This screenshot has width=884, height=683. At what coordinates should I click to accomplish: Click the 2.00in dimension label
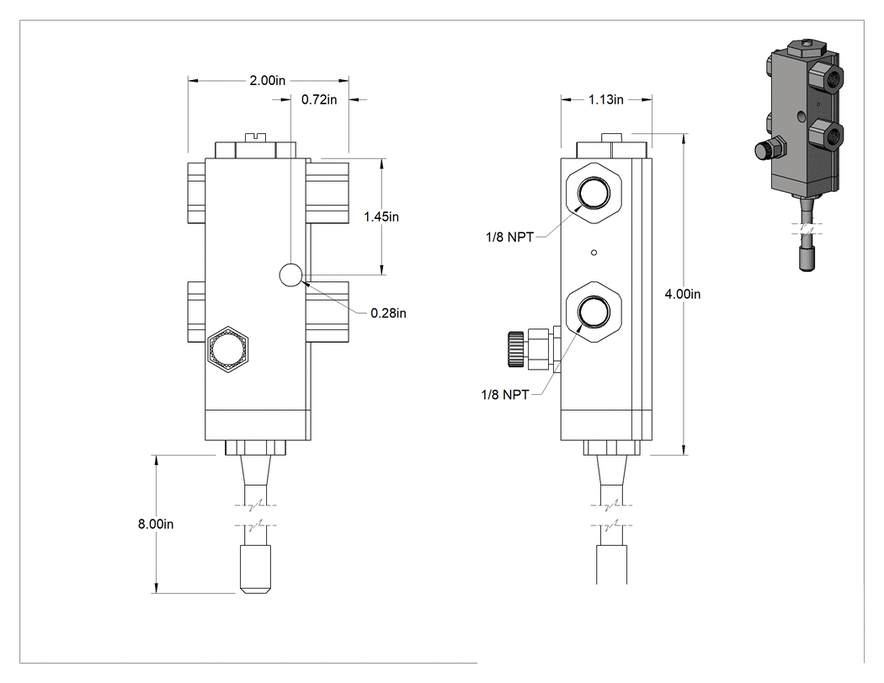[267, 81]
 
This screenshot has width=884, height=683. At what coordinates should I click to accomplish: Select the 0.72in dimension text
[319, 100]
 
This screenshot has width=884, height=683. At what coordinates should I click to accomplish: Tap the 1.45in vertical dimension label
[381, 216]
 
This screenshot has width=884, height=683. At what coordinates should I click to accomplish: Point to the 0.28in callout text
[388, 313]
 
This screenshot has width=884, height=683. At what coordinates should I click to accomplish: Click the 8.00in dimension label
[156, 524]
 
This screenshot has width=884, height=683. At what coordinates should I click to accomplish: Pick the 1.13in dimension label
[606, 100]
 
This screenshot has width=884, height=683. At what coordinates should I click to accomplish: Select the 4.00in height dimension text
[683, 294]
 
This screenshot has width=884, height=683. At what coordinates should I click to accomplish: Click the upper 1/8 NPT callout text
[509, 237]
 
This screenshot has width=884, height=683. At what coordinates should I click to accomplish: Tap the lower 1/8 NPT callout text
[504, 395]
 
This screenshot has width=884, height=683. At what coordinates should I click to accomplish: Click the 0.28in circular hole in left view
[291, 275]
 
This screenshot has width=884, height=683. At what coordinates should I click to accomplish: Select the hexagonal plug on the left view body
[228, 350]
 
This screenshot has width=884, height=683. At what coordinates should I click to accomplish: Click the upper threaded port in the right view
[593, 192]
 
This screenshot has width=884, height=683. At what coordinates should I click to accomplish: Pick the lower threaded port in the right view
[593, 312]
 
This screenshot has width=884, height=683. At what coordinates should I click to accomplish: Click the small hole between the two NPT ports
[594, 253]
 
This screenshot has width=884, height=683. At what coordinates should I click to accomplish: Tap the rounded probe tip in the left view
[255, 568]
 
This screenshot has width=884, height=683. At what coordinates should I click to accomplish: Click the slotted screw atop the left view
[256, 137]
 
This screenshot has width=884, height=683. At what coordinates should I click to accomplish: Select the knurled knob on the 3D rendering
[762, 151]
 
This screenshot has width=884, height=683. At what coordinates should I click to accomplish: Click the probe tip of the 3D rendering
[808, 259]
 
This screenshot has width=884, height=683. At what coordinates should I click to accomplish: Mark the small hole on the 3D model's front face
[802, 117]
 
